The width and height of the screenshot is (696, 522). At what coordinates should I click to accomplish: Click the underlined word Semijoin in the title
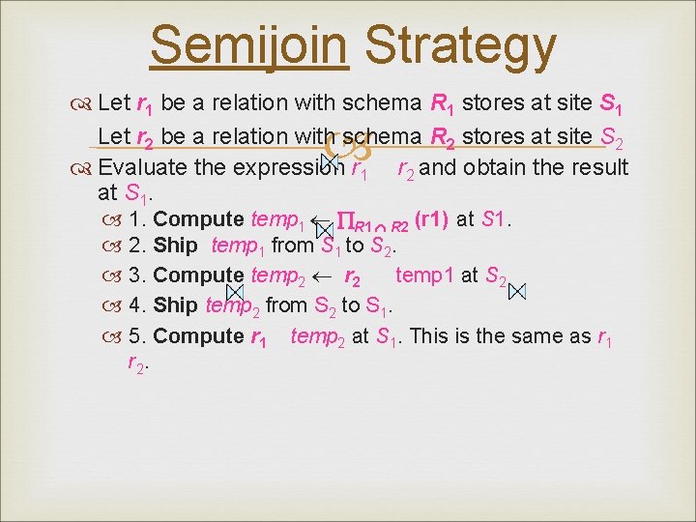point(248,46)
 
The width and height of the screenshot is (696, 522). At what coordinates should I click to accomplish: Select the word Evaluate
point(144,167)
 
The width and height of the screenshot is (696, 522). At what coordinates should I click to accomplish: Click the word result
point(596,167)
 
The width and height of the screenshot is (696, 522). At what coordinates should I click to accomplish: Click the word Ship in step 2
point(175,246)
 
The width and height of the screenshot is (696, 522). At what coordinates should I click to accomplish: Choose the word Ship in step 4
point(175,305)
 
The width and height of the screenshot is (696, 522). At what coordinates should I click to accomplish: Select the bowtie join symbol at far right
point(517,290)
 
